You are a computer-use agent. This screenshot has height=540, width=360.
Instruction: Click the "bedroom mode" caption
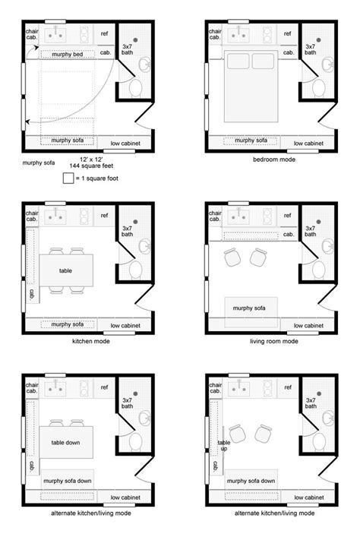point(274,159)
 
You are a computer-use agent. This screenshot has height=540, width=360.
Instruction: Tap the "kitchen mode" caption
point(91,341)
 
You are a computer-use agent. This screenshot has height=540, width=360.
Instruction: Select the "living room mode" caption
point(274,341)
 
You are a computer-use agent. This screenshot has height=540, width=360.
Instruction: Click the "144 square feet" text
point(91,166)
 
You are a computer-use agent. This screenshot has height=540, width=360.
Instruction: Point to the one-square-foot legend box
point(68,178)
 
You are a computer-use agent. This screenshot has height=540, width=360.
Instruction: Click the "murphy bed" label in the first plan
point(67,55)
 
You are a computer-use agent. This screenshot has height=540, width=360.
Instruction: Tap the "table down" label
point(65,443)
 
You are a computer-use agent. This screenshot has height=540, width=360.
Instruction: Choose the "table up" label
point(223,445)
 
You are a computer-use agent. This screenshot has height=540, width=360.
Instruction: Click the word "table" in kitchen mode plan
point(65,270)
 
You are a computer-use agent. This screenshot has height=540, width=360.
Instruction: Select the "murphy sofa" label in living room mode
point(249,308)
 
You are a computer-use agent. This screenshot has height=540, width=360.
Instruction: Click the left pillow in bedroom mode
point(238,61)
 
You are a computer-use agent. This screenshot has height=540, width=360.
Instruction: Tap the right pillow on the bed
point(263,61)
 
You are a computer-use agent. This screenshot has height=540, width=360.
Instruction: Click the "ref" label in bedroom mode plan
point(287,33)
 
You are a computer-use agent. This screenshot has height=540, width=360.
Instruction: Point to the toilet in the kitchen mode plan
point(136,270)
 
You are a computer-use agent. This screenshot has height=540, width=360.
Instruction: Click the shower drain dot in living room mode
point(319,222)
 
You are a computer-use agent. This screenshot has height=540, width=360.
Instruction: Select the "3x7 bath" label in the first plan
point(127,49)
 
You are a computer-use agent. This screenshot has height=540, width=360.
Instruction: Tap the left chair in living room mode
point(232,257)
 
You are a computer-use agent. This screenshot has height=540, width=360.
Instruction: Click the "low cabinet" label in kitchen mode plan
point(125,326)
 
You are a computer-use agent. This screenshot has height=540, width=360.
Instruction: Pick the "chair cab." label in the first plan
point(32,34)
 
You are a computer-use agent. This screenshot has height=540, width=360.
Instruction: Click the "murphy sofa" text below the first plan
point(39,163)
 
